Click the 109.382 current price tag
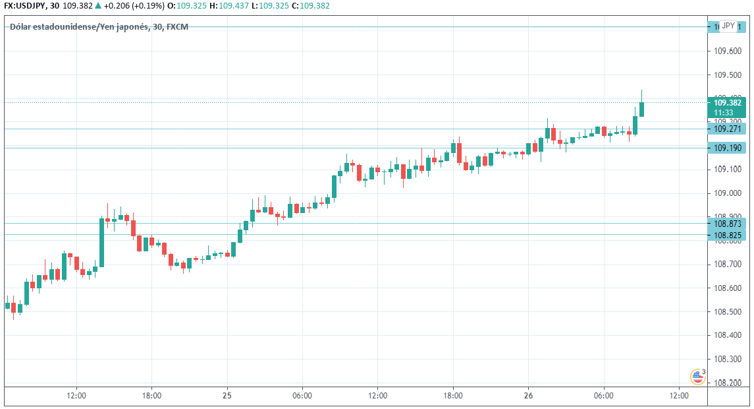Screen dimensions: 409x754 click(x=727, y=103)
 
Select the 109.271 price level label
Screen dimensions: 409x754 click(x=727, y=129)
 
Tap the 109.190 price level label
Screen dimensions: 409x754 click(x=727, y=148)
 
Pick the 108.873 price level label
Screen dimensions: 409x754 click(x=727, y=224)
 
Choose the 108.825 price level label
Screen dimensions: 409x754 click(x=727, y=236)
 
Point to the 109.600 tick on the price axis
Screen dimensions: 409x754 click(x=727, y=51)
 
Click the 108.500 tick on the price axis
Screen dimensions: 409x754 click(x=727, y=312)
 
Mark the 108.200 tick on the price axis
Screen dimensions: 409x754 click(x=727, y=383)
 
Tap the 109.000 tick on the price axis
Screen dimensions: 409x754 click(x=727, y=193)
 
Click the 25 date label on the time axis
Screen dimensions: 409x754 click(x=227, y=396)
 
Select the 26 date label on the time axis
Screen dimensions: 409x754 click(x=528, y=396)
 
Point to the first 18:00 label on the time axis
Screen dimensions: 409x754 click(x=151, y=396)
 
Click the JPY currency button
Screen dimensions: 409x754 click(x=728, y=26)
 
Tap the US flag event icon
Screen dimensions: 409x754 click(x=697, y=377)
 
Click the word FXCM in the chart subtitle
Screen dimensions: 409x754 click(x=178, y=26)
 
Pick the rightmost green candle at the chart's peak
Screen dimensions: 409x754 click(x=641, y=109)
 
